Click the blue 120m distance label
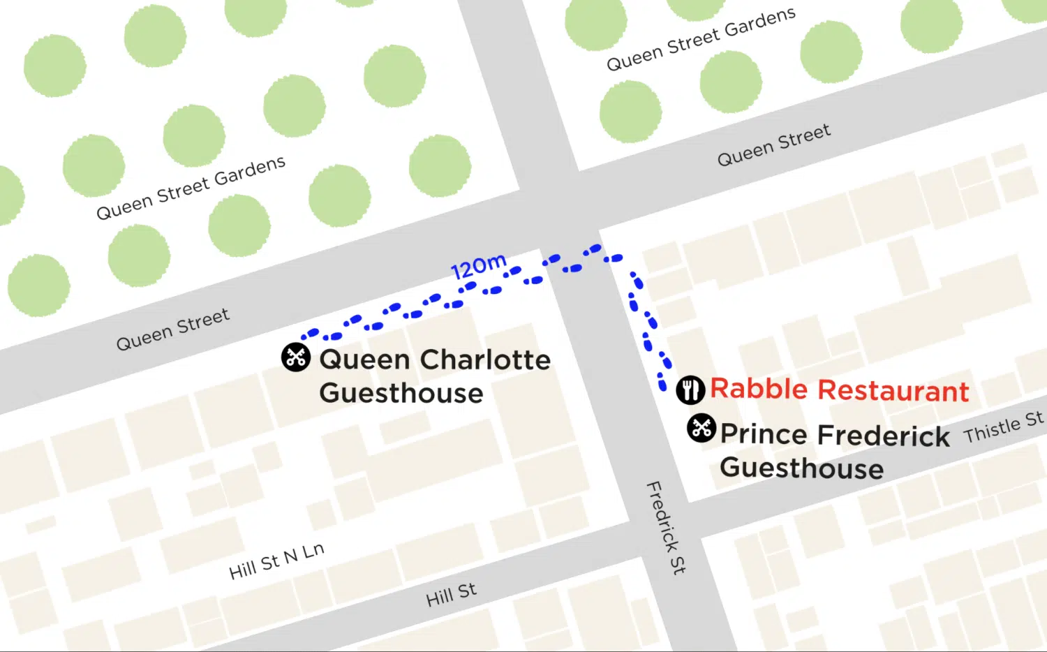click(479, 266)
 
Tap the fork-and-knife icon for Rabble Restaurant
click(690, 390)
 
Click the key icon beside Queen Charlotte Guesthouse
click(296, 357)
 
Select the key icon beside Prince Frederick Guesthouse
click(701, 428)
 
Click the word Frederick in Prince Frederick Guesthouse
click(884, 436)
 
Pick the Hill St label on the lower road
click(451, 595)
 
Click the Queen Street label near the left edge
click(172, 329)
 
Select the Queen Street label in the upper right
click(774, 145)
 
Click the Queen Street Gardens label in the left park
click(191, 188)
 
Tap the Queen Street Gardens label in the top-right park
click(701, 39)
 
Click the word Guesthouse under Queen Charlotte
click(401, 394)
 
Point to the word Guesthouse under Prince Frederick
click(801, 468)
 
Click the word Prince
click(764, 434)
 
